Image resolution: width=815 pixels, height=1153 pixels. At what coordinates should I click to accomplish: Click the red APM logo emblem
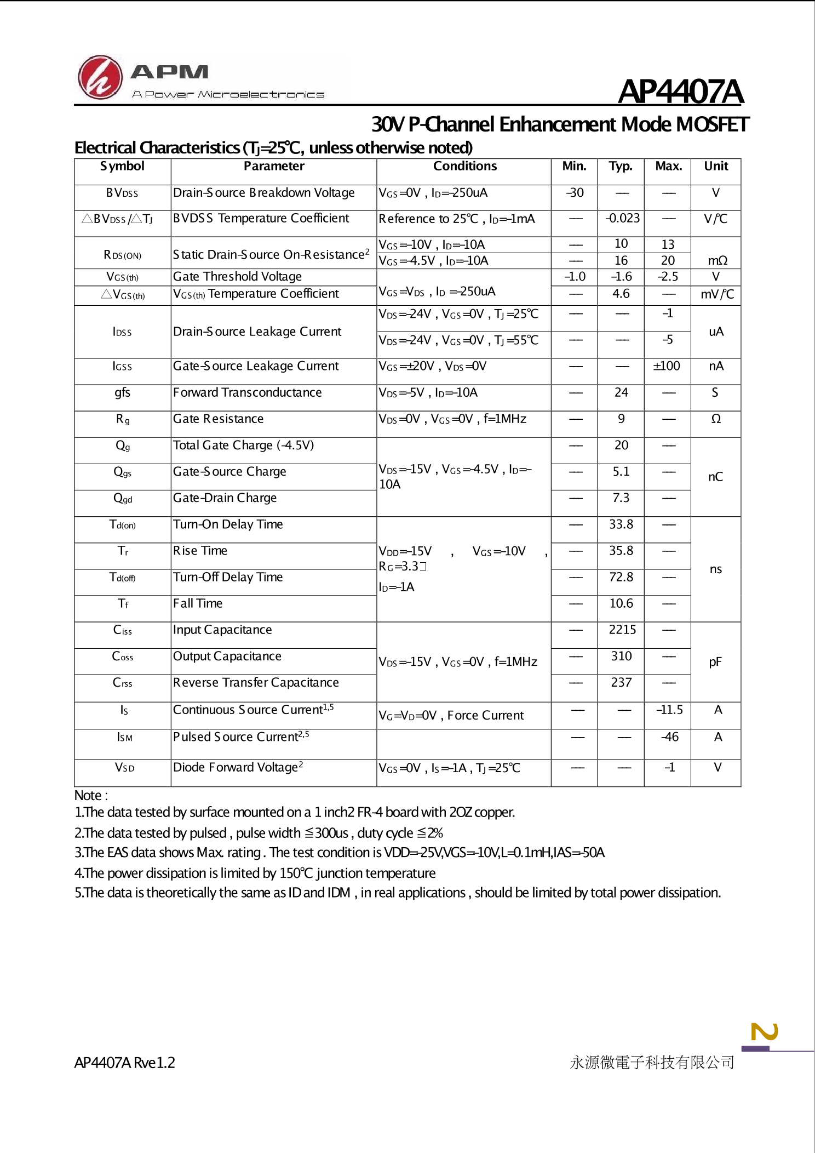(x=100, y=77)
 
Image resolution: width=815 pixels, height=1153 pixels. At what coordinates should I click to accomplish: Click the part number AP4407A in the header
(x=680, y=92)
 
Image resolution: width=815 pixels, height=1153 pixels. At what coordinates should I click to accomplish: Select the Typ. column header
(x=621, y=167)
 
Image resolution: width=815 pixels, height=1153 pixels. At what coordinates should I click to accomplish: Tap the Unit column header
(x=716, y=167)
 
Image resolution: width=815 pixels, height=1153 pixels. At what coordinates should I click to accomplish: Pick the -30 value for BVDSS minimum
(x=575, y=193)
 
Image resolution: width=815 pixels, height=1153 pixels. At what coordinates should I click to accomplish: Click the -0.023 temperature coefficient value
(x=622, y=218)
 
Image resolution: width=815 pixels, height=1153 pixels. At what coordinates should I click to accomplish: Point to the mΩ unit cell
(x=717, y=261)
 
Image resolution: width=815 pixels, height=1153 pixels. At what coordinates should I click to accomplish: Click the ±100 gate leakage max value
(x=667, y=366)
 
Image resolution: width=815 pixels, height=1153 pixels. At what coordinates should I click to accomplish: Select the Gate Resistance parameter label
(x=218, y=419)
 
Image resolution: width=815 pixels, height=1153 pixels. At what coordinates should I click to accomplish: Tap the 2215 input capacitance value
(x=622, y=630)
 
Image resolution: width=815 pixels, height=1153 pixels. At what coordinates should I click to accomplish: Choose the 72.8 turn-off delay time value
(x=621, y=577)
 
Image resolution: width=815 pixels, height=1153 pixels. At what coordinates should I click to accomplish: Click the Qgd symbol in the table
(x=123, y=499)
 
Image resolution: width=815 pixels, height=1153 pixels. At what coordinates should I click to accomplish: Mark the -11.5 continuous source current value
(x=669, y=710)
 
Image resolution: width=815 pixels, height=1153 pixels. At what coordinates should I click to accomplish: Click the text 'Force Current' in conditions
(x=485, y=716)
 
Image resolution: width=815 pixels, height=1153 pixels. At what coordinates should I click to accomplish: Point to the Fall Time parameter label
(x=198, y=604)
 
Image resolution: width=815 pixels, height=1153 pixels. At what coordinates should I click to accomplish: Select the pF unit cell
(x=715, y=663)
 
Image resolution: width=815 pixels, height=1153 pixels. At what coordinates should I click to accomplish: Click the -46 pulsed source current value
(x=669, y=737)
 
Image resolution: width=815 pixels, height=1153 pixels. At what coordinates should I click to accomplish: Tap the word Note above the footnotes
(x=88, y=796)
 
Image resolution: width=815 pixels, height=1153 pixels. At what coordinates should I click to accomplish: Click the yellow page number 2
(x=765, y=1032)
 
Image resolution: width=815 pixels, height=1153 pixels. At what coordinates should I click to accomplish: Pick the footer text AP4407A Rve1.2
(x=124, y=1063)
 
